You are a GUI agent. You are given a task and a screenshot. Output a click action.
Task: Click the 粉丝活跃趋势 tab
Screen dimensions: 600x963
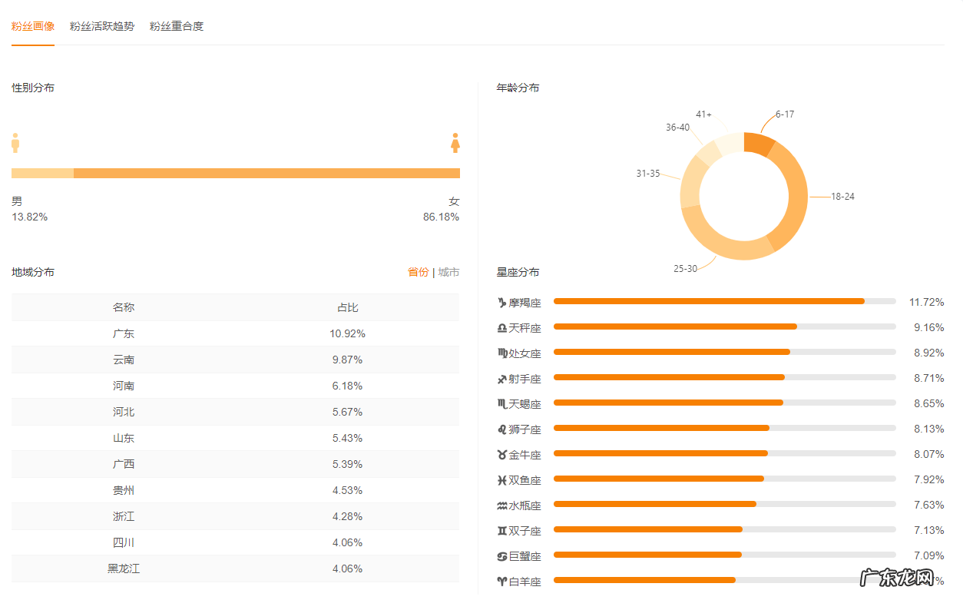(101, 26)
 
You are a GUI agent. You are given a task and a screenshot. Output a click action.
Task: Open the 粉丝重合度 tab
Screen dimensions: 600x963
(177, 26)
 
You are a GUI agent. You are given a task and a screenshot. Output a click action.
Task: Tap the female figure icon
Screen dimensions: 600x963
(455, 143)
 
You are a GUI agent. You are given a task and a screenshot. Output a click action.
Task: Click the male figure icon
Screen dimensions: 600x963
(15, 143)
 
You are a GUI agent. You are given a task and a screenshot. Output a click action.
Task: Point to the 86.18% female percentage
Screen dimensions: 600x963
(441, 217)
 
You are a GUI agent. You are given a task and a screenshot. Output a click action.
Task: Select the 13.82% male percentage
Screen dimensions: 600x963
(30, 217)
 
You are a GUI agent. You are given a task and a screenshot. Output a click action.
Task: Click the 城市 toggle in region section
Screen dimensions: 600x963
(448, 272)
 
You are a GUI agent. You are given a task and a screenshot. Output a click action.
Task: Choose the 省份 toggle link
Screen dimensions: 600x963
(418, 272)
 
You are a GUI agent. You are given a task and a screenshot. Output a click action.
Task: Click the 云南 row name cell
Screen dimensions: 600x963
(124, 360)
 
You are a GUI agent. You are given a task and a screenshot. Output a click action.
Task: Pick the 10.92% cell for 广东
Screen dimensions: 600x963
(347, 333)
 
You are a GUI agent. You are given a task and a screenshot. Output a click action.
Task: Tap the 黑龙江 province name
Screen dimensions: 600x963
(124, 569)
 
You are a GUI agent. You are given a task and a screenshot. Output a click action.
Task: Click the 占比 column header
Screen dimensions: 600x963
(347, 307)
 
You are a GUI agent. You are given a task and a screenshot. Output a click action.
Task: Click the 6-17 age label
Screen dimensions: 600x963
(784, 114)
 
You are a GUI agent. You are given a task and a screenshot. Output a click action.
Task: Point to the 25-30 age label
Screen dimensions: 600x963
(685, 268)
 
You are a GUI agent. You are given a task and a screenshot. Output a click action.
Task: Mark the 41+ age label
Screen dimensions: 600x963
(703, 114)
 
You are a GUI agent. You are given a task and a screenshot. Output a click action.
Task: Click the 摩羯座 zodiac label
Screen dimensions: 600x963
(525, 303)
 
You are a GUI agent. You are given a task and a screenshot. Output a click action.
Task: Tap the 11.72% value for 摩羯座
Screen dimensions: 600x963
(926, 302)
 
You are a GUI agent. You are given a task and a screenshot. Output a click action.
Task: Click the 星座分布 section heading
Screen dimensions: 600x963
(518, 272)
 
